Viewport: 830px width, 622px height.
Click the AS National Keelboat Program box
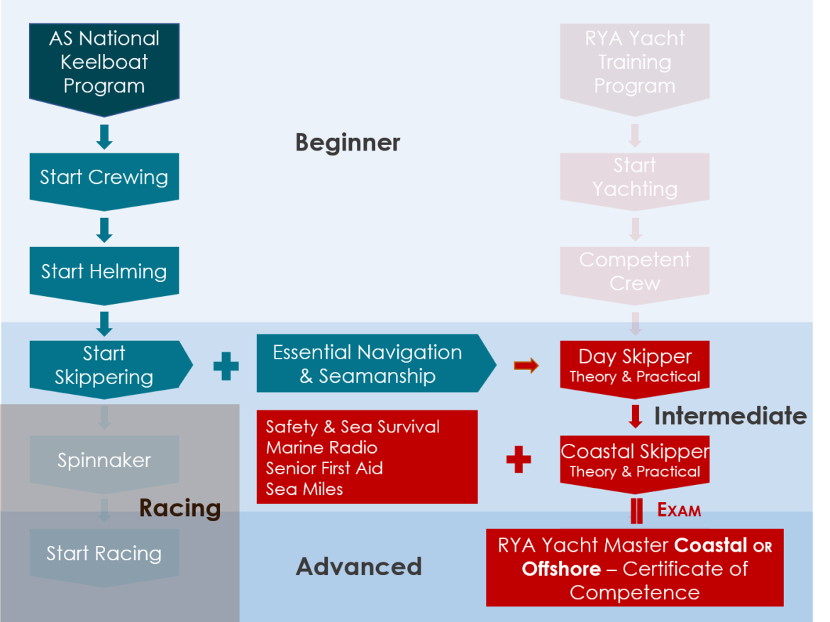(x=104, y=62)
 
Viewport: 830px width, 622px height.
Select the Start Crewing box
(x=104, y=178)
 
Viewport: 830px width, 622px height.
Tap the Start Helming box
(x=104, y=271)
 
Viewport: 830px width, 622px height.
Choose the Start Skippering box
(x=104, y=365)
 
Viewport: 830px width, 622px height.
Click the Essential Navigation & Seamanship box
(x=367, y=364)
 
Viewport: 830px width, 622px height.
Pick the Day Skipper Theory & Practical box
(x=635, y=365)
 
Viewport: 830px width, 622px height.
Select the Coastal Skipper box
(x=635, y=460)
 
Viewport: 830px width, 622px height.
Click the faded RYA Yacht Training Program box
(x=635, y=62)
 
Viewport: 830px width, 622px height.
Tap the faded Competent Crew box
(x=635, y=271)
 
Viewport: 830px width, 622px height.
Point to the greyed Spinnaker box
(x=104, y=460)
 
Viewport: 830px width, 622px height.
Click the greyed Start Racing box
(x=104, y=554)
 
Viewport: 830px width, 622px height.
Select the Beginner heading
(x=348, y=143)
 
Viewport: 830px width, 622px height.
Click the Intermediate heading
(x=730, y=415)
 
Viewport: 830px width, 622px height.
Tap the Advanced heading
(x=359, y=567)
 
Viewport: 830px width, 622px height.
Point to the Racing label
(x=179, y=508)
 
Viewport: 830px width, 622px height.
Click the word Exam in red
(x=679, y=511)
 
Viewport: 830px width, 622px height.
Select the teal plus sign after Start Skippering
(x=226, y=366)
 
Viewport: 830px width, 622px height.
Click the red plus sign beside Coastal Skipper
(x=519, y=460)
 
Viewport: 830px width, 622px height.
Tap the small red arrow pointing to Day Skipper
(x=526, y=366)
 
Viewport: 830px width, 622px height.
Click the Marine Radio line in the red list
(x=321, y=448)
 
